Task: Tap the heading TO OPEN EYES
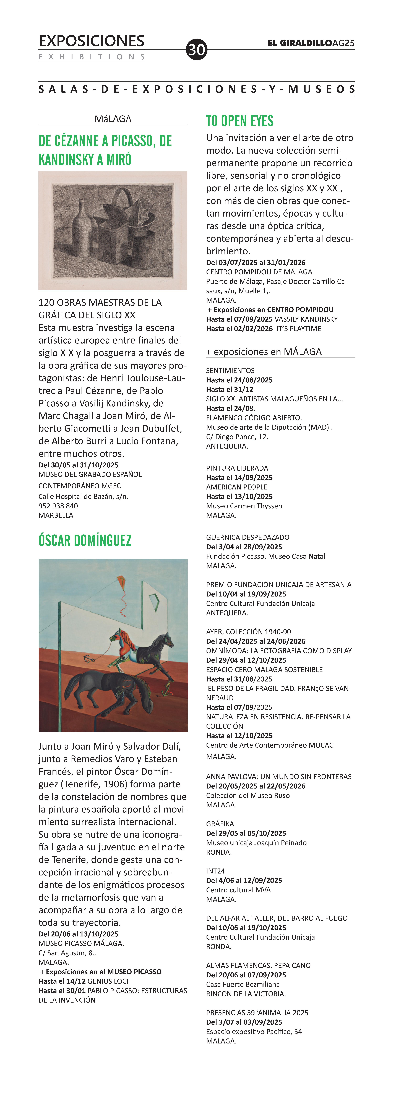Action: (240, 121)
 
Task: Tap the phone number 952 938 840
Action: (58, 506)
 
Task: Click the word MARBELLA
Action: (56, 515)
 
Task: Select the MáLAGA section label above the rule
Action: (113, 119)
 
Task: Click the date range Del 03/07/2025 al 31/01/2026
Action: (256, 262)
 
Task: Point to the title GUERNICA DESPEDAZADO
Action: (247, 537)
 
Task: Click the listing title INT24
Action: (215, 871)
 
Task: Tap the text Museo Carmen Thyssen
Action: (244, 506)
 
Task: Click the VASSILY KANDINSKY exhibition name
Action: (306, 319)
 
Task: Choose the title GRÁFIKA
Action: (220, 824)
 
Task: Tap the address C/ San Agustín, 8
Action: (67, 953)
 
